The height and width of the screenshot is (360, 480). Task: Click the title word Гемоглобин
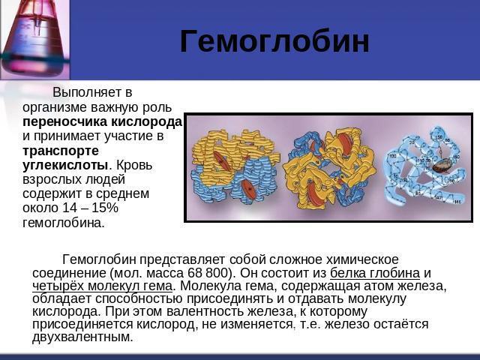coord(274,42)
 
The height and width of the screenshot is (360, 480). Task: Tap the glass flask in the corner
coord(34,38)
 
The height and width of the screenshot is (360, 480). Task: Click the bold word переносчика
coord(64,121)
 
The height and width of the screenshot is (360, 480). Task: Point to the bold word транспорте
coord(61,151)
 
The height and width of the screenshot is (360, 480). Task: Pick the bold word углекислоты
coord(65,165)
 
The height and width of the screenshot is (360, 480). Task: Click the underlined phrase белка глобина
coord(375,273)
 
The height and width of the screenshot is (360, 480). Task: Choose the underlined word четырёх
coord(58,286)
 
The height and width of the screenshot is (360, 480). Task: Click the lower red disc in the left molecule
coord(248,190)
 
